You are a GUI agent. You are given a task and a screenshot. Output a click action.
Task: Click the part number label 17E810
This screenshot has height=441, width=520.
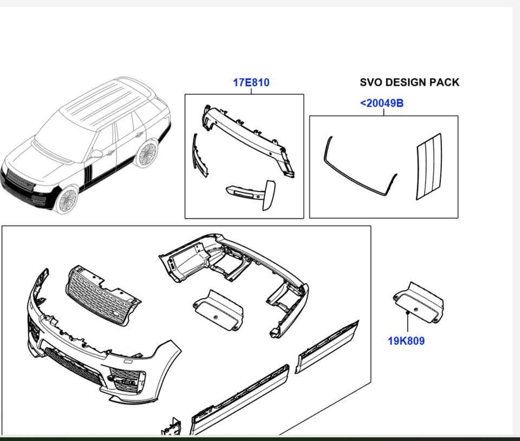pyautogui.click(x=251, y=83)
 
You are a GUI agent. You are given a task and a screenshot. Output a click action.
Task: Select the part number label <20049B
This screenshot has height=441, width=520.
pyautogui.click(x=381, y=103)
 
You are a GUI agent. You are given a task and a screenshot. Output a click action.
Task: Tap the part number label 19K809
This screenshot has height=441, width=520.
pyautogui.click(x=406, y=341)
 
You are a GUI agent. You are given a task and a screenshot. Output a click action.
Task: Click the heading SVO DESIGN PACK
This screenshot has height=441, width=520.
pyautogui.click(x=409, y=82)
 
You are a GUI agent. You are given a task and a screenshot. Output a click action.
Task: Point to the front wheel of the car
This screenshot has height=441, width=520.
pyautogui.click(x=67, y=200)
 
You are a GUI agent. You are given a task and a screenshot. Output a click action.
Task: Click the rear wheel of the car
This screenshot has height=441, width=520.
pyautogui.click(x=146, y=154)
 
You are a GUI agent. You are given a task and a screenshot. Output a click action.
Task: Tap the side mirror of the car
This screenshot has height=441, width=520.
pyautogui.click(x=96, y=154)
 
